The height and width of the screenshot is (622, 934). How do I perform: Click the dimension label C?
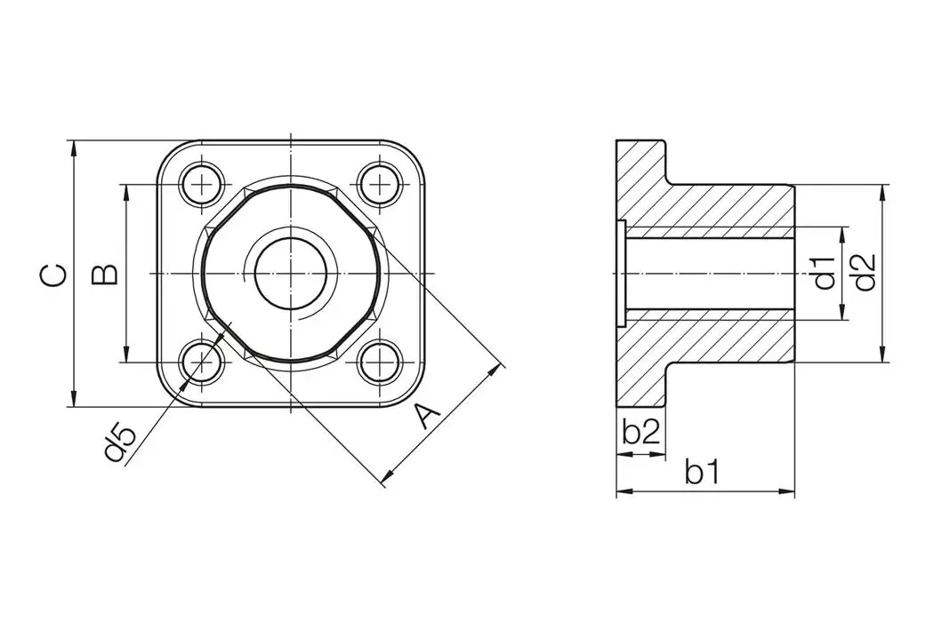pyautogui.click(x=52, y=275)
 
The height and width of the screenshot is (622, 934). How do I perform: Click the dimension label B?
pyautogui.click(x=105, y=275)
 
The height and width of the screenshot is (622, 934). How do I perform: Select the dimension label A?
pyautogui.click(x=428, y=415)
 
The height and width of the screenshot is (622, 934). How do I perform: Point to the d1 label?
pyautogui.click(x=825, y=273)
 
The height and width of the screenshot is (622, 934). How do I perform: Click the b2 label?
pyautogui.click(x=640, y=433)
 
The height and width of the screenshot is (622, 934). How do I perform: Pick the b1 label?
pyautogui.click(x=702, y=472)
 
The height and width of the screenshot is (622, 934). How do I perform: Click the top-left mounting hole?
pyautogui.click(x=204, y=185)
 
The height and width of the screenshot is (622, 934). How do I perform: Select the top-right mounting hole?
pyautogui.click(x=380, y=185)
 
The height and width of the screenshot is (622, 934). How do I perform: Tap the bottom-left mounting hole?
pyautogui.click(x=204, y=363)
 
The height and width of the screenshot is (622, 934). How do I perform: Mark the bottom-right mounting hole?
pyautogui.click(x=380, y=363)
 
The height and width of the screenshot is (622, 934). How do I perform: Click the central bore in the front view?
pyautogui.click(x=292, y=274)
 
